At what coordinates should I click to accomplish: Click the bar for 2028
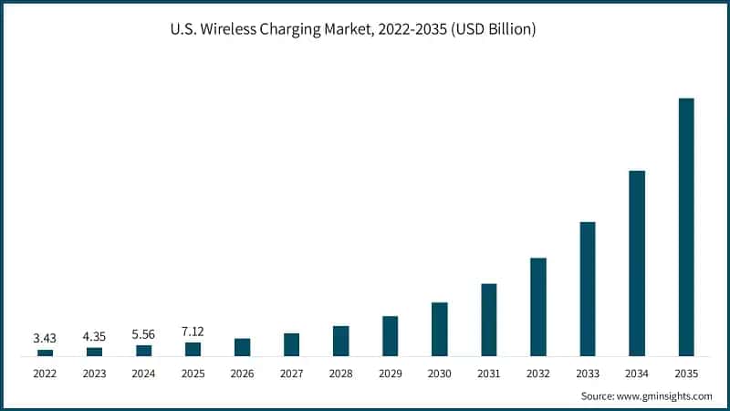pos(340,341)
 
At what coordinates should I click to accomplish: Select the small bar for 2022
pos(45,353)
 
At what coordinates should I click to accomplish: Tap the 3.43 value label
pos(45,338)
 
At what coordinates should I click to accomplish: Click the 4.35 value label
pos(94,337)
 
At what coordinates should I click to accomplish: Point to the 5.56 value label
pos(143,335)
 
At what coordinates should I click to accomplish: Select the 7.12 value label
pos(193,331)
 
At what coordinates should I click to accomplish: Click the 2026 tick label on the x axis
pos(242,373)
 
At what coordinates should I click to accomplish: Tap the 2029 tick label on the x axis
pos(390,373)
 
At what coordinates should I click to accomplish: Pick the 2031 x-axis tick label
pos(488,373)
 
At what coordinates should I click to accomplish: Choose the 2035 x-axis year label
pos(686,373)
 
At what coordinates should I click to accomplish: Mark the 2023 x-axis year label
pos(94,373)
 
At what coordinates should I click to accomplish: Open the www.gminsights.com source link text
pos(664,395)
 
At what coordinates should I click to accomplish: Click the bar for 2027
pos(291,344)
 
